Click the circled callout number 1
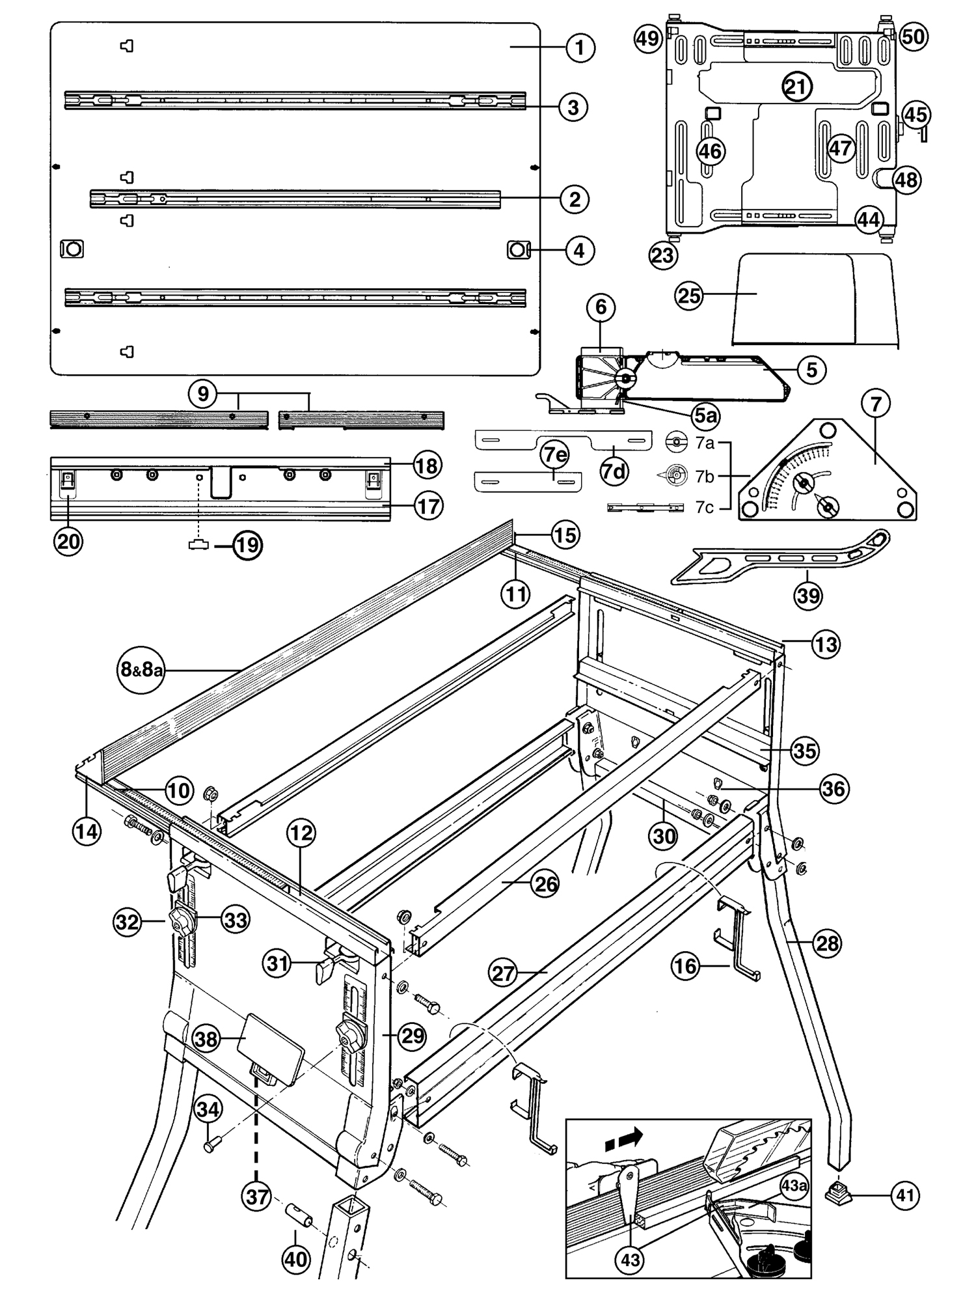pyautogui.click(x=580, y=48)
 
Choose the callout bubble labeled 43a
pyautogui.click(x=794, y=1185)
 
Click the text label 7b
pyautogui.click(x=705, y=477)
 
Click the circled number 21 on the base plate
pyautogui.click(x=798, y=87)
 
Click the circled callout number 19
pyautogui.click(x=247, y=544)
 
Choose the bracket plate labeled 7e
pyautogui.click(x=527, y=482)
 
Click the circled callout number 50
pyautogui.click(x=914, y=36)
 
